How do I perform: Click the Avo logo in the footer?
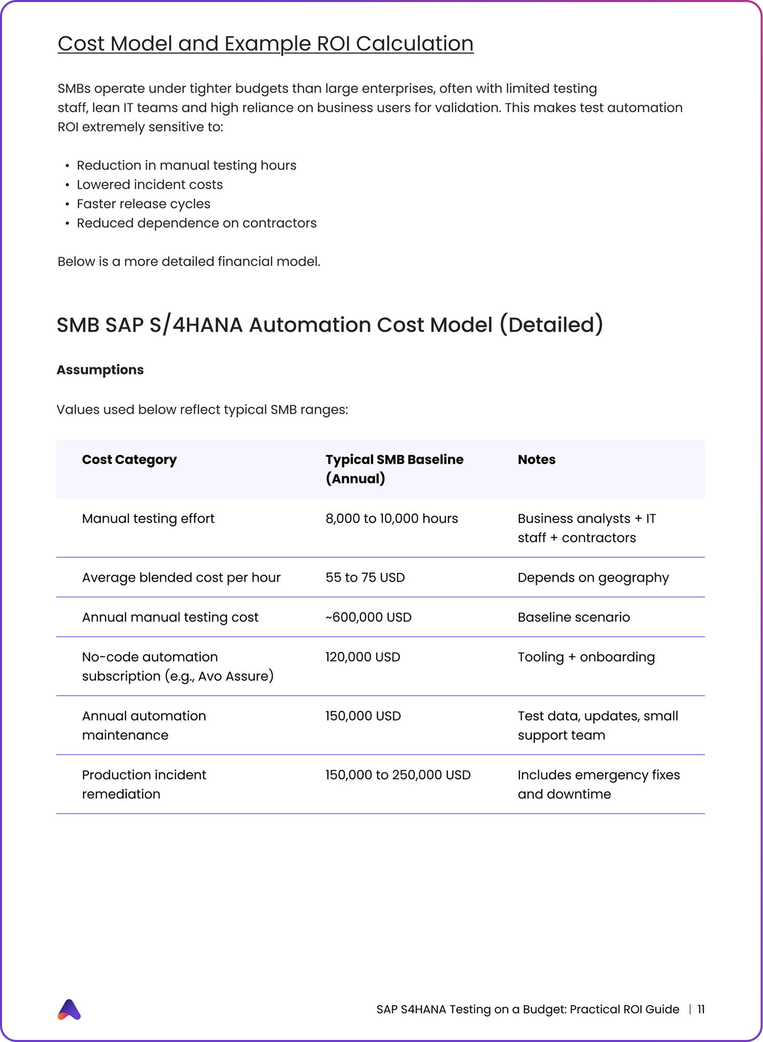tap(69, 1009)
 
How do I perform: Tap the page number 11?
tap(701, 1009)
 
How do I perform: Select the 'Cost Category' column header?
tap(129, 460)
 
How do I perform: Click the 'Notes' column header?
tap(536, 460)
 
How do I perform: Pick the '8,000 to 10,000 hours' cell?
tap(392, 518)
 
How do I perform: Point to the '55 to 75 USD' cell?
tap(365, 578)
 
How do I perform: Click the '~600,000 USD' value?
tap(368, 617)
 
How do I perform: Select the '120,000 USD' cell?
tap(363, 657)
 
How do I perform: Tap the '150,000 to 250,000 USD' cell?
tap(398, 775)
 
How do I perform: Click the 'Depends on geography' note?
tap(593, 578)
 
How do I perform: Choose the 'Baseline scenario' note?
tap(574, 617)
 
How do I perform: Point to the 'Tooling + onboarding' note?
tap(586, 657)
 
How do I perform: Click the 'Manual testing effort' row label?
tap(148, 518)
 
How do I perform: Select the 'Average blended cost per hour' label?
tap(181, 578)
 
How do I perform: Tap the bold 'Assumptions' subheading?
tap(100, 370)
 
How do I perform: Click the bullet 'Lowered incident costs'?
tap(150, 184)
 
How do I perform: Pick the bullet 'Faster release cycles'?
tap(144, 204)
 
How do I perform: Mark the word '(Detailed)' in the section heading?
tap(551, 325)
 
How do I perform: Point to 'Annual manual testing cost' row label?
tap(170, 617)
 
